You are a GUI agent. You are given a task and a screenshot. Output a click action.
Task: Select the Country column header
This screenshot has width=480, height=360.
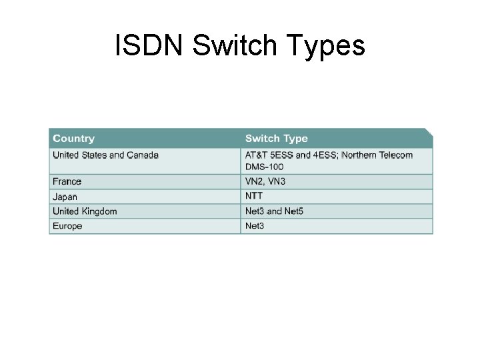[x=74, y=139]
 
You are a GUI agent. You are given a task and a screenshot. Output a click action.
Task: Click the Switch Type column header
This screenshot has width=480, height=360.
[x=277, y=139]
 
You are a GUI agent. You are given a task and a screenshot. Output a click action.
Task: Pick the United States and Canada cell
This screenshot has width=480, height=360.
[x=105, y=155]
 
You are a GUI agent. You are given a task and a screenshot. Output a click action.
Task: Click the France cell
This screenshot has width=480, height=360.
[x=67, y=181]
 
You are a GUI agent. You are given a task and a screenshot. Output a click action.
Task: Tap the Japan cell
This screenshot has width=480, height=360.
[x=65, y=197]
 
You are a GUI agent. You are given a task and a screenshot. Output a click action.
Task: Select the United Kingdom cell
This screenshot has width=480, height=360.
[x=85, y=211]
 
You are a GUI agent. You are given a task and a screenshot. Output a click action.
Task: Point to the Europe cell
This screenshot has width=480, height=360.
[x=67, y=226]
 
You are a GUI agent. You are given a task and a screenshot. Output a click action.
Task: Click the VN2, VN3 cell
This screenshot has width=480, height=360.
[x=265, y=181]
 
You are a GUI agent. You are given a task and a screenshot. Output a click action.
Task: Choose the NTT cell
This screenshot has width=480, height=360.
[x=254, y=196]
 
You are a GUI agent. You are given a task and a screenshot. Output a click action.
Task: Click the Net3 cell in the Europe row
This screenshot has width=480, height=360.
[x=255, y=226]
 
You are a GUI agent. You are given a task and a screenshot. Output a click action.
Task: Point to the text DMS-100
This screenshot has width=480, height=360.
[x=264, y=167]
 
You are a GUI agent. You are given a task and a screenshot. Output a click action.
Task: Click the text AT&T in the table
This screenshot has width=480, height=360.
[x=257, y=155]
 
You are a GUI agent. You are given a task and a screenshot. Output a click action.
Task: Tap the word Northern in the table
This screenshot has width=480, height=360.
[x=360, y=155]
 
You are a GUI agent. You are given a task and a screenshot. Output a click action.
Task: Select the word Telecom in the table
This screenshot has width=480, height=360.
[x=397, y=155]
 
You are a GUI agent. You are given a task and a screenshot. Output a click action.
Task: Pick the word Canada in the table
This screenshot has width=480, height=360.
[x=143, y=155]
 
